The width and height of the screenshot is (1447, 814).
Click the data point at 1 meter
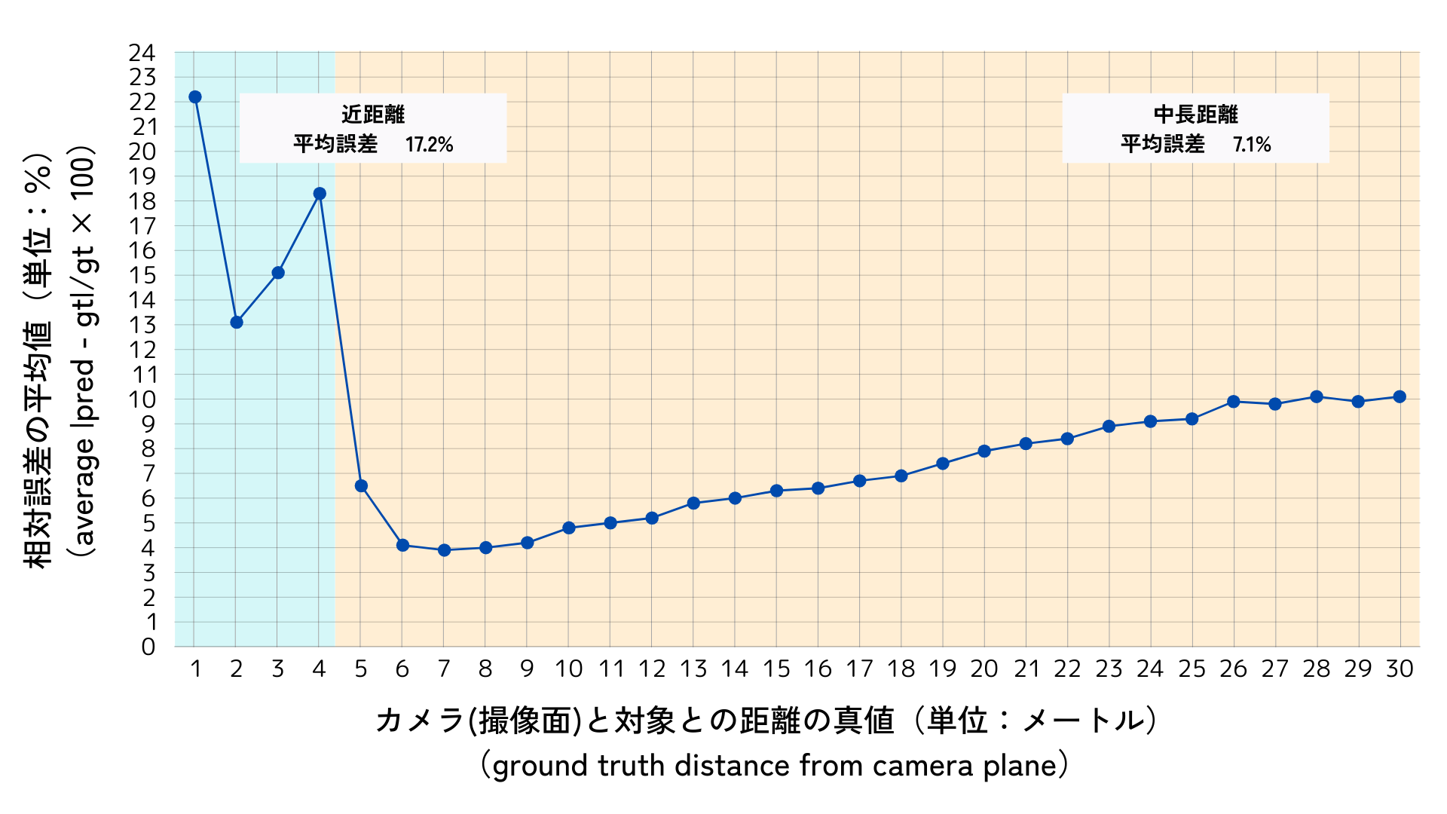[x=195, y=96]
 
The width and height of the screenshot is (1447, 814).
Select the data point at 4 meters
[x=320, y=194]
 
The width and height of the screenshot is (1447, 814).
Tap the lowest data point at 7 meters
[x=444, y=550]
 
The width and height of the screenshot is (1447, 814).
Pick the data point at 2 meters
[x=237, y=323]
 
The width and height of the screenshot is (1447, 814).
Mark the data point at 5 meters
[x=361, y=486]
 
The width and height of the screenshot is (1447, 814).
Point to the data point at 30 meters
[x=1400, y=396]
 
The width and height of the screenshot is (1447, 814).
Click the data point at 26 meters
[x=1234, y=402]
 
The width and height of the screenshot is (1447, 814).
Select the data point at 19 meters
[x=943, y=464]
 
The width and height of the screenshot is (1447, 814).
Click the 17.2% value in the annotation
[x=429, y=144]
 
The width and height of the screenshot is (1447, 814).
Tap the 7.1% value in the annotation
[x=1252, y=144]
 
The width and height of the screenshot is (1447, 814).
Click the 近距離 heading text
[x=373, y=115]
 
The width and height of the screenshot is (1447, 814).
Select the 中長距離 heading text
[x=1196, y=115]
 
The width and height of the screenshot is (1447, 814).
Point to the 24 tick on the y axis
[x=142, y=53]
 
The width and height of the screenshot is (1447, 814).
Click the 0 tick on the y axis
[x=148, y=647]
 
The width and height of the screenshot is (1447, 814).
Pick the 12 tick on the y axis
[x=142, y=350]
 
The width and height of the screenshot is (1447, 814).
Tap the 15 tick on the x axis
[x=776, y=669]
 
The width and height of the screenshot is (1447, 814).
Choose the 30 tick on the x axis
[x=1400, y=669]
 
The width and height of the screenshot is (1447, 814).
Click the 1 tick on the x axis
[x=195, y=669]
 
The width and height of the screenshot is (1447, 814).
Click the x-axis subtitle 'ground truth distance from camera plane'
[x=775, y=766]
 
